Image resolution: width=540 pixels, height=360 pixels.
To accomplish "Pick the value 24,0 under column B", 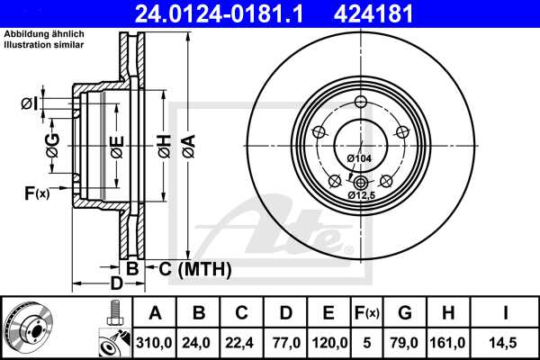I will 199,342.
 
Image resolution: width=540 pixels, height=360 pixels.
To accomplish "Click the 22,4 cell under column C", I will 242,342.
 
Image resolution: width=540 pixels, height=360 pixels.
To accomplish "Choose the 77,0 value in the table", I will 285,342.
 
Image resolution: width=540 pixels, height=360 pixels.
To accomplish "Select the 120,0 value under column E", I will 328,342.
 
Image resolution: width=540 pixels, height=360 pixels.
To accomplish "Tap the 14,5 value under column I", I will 507,342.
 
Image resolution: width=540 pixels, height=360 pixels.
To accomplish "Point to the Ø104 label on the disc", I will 359,159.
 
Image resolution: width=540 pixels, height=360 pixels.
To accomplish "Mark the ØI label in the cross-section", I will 30,103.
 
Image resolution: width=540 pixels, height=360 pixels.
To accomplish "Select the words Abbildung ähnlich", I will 44,34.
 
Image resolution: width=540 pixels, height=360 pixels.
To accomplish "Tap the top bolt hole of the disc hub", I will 361,101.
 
